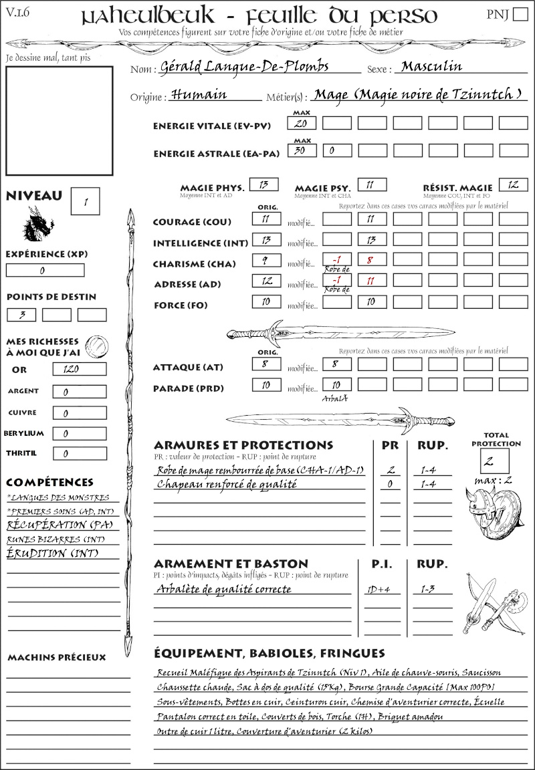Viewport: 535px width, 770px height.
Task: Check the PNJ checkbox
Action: tap(518, 15)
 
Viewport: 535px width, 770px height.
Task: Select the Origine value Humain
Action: tap(199, 95)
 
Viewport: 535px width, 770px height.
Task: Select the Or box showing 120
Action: tap(79, 369)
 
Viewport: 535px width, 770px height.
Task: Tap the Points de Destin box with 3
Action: tap(21, 315)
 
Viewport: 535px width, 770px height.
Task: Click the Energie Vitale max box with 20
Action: tap(302, 124)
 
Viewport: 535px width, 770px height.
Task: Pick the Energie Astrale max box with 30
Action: tap(302, 150)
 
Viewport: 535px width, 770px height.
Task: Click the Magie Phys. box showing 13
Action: tap(263, 184)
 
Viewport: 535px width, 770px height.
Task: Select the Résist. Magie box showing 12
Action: tap(513, 184)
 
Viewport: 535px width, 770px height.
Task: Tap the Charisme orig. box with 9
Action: tap(266, 261)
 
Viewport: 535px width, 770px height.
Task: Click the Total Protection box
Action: tap(495, 460)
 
